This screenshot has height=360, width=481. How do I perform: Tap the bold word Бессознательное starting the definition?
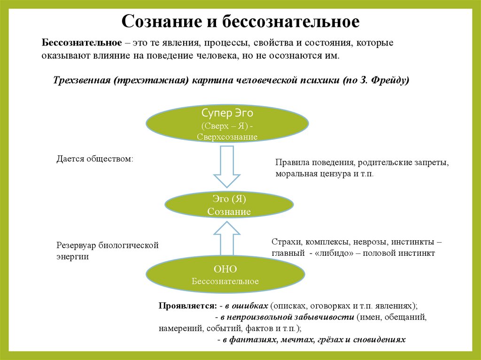click(82, 43)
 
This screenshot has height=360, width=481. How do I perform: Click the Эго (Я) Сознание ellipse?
click(229, 205)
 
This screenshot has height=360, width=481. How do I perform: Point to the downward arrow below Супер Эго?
click(227, 166)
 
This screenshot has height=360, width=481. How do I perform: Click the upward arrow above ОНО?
click(227, 240)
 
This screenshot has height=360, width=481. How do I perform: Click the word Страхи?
click(287, 242)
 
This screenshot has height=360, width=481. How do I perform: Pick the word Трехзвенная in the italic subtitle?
click(81, 80)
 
